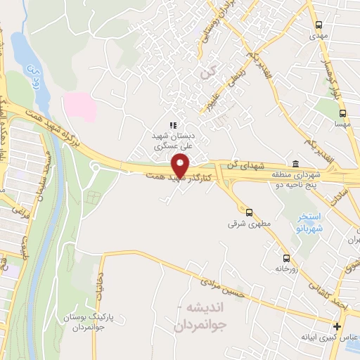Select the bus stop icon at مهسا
click(342, 113)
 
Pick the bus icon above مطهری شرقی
click(248, 212)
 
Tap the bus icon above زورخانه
click(285, 257)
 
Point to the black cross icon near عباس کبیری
click(337, 327)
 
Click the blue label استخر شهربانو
click(307, 224)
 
